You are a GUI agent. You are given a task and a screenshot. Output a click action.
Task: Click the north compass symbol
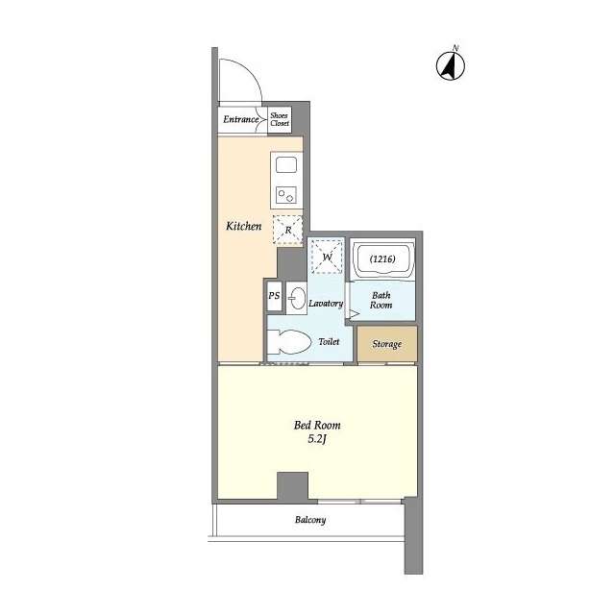451,64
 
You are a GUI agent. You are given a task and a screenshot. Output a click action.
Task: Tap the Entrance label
241,119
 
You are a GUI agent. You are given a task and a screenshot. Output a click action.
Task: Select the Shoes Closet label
280,119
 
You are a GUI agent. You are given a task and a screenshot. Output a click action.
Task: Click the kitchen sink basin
286,164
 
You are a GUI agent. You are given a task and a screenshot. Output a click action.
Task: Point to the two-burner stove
286,195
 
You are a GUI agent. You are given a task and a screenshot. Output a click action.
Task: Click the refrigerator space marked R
288,230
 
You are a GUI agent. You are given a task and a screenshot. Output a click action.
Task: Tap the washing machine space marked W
327,257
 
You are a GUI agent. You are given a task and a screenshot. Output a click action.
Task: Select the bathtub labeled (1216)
382,258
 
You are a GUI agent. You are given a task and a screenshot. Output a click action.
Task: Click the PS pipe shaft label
274,295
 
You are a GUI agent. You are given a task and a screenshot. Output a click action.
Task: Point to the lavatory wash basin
298,299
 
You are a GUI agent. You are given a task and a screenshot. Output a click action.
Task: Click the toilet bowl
289,342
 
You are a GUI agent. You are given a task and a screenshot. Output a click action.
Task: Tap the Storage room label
386,344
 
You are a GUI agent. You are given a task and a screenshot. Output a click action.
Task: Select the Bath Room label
381,300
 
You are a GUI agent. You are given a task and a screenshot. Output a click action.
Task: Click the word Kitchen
243,226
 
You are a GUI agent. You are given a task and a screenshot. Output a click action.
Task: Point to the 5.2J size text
317,439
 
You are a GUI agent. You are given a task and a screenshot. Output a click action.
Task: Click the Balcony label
310,520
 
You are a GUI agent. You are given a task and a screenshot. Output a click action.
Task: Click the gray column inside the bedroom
292,485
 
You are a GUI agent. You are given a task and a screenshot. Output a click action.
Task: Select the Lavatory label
326,304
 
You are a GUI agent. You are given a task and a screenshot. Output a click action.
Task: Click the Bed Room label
317,425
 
